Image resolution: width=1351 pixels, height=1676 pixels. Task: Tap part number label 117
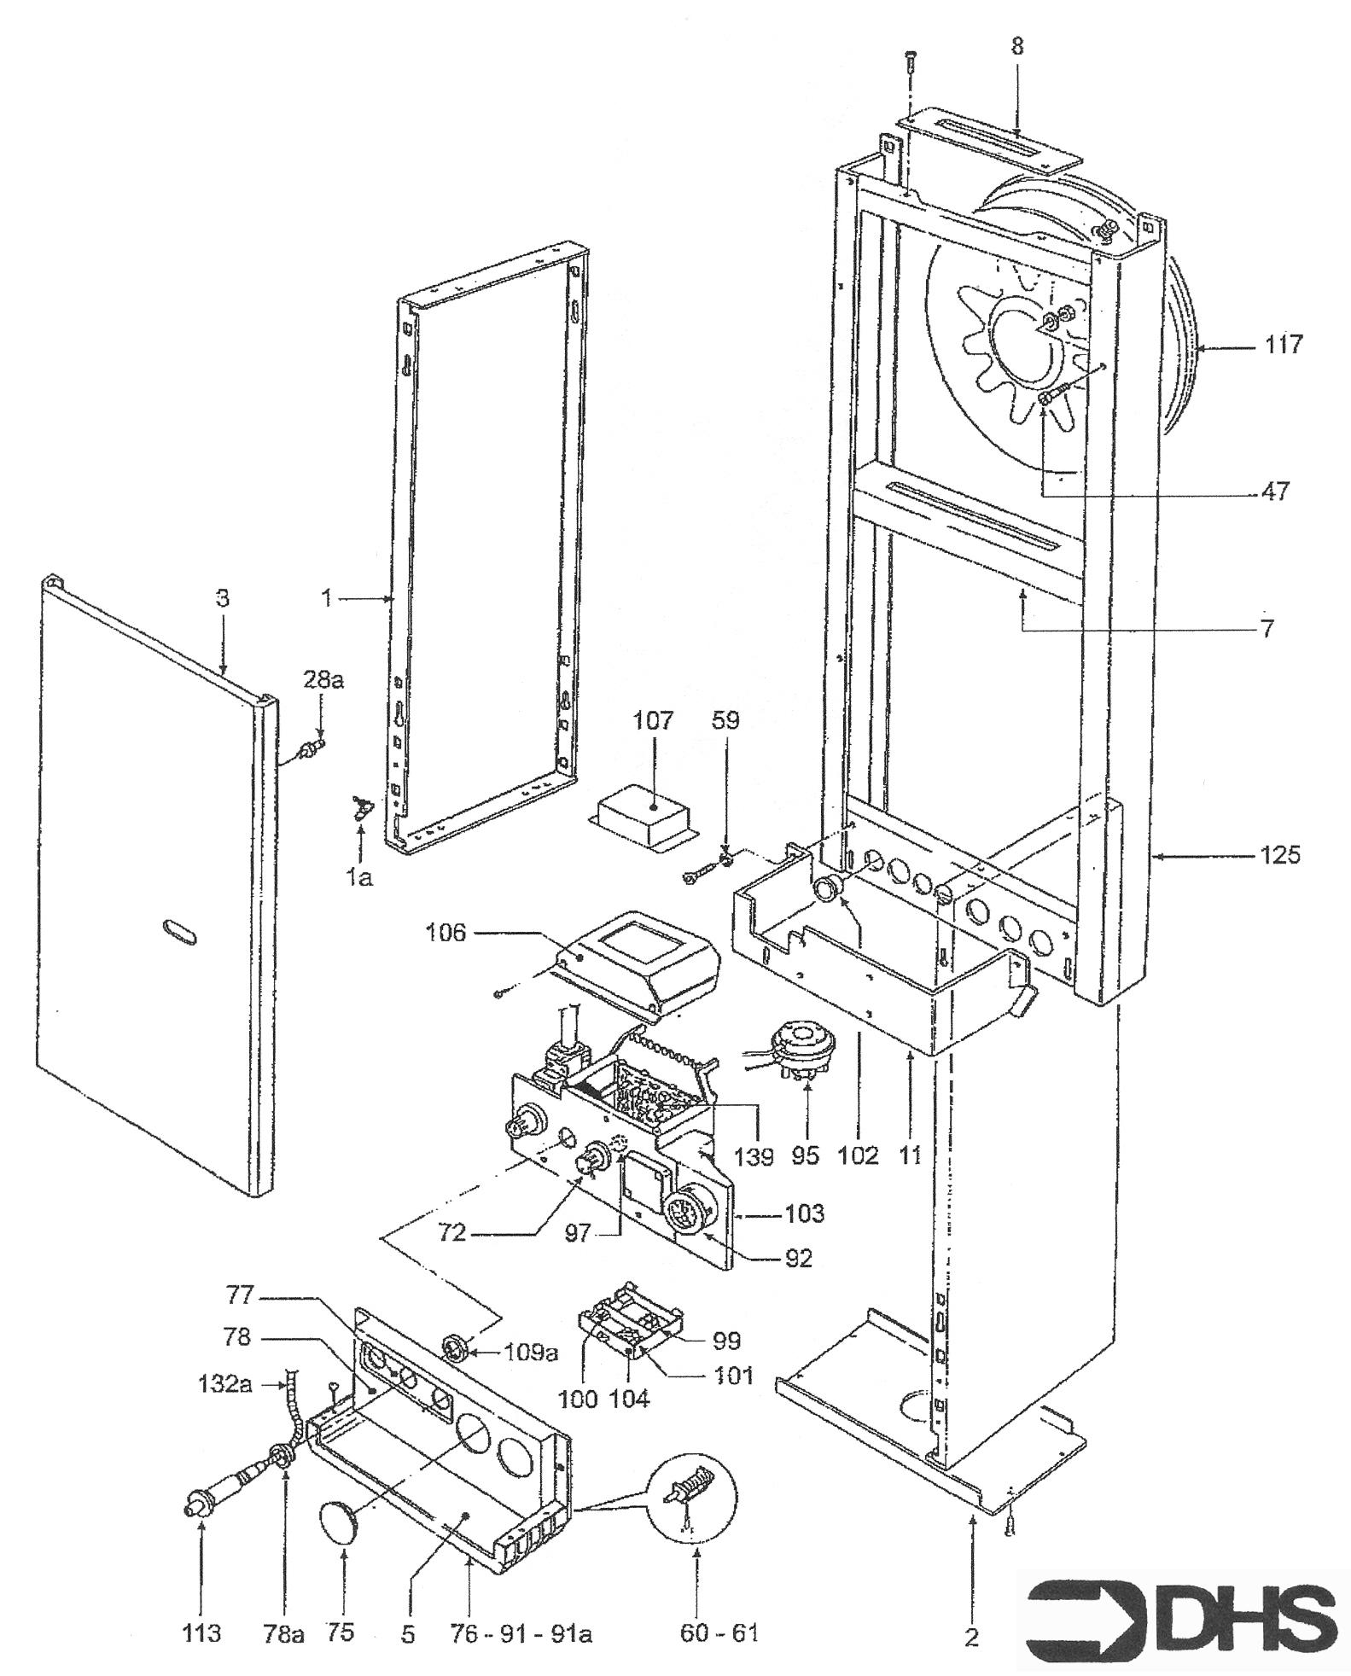click(x=1284, y=345)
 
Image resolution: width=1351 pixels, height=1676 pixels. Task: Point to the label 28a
click(x=321, y=681)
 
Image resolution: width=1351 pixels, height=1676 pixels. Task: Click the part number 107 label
click(x=653, y=720)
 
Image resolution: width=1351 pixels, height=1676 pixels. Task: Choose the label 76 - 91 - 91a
click(x=521, y=1633)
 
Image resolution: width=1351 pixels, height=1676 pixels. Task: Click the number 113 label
click(x=201, y=1632)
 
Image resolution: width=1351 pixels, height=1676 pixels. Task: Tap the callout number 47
click(x=1275, y=492)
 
